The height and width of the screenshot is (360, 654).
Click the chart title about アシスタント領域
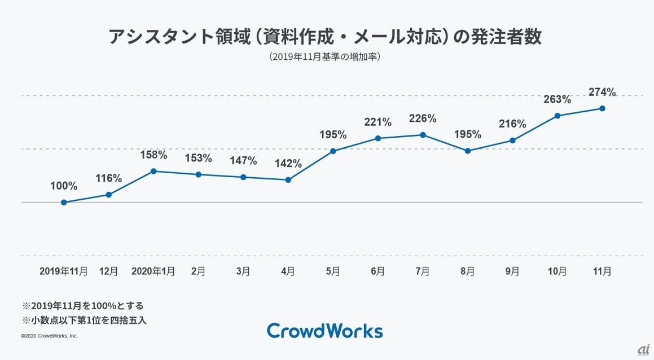[326, 37]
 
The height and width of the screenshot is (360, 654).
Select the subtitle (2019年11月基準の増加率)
[326, 57]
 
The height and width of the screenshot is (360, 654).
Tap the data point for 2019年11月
[64, 202]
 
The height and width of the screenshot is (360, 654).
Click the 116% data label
[109, 178]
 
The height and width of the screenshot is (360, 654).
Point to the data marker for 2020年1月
[153, 171]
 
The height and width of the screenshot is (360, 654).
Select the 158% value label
[153, 155]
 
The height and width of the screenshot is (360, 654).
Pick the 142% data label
[288, 164]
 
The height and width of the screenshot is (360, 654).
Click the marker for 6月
[378, 138]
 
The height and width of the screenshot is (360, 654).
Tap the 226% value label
[423, 118]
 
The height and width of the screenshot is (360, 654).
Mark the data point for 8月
[468, 151]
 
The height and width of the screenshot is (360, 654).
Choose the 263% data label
[558, 99]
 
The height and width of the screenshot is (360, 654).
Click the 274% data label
[602, 92]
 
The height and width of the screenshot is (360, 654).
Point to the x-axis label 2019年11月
[64, 271]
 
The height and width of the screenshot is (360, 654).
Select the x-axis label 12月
[109, 271]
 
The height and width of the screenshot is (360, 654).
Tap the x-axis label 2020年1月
[153, 271]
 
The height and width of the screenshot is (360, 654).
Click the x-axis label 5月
[333, 271]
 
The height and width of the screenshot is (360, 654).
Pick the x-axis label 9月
[512, 271]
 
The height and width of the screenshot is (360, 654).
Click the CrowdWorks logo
[324, 331]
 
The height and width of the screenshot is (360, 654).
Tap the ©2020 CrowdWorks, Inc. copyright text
[50, 336]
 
